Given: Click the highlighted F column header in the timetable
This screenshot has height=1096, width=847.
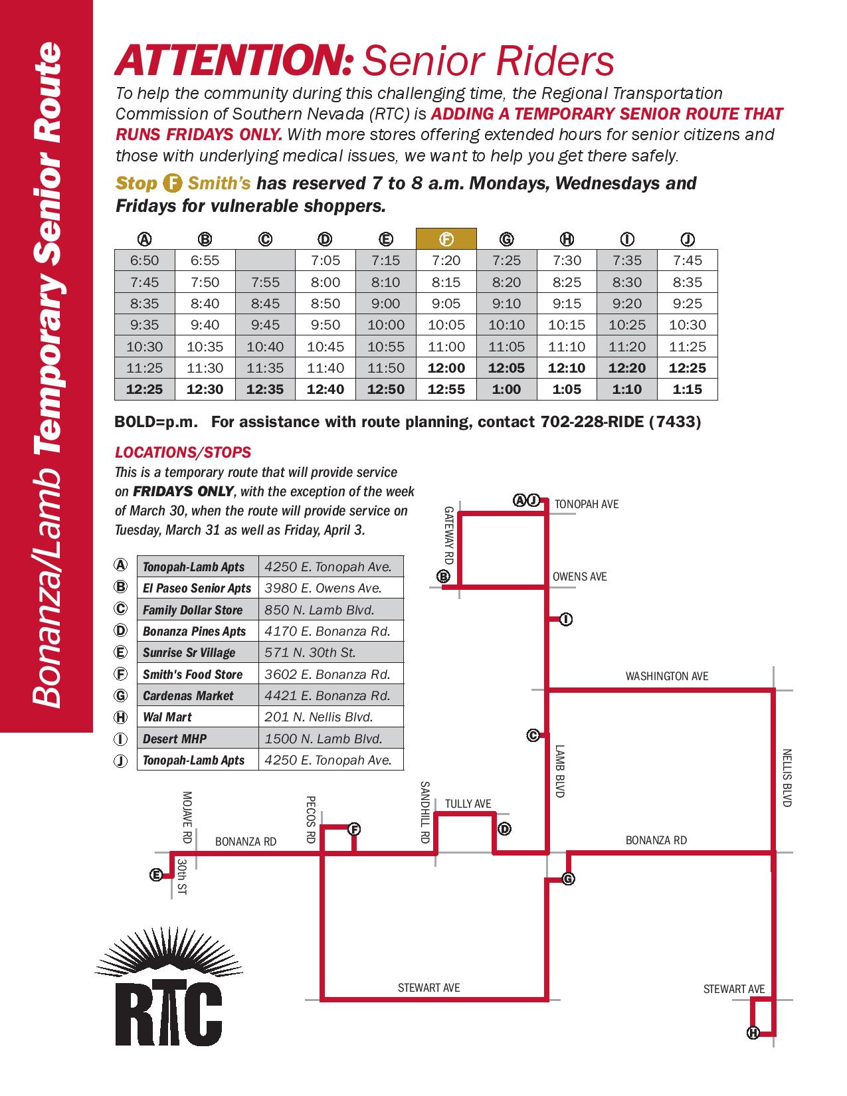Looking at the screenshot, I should coord(446,238).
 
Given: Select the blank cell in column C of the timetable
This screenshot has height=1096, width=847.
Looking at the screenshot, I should coord(265,260).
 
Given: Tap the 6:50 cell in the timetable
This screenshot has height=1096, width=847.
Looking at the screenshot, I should coord(144,260).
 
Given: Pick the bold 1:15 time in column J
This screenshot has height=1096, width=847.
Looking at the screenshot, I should coord(687,389).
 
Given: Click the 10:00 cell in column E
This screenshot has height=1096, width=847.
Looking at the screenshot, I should coord(385,325).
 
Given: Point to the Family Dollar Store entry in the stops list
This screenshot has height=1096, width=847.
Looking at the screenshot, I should coord(193,610).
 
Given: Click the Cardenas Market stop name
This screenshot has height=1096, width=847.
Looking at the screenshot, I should coord(188,695).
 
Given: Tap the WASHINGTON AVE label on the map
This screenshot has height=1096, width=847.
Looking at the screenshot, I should coord(667,676).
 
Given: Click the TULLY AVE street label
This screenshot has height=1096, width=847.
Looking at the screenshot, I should coord(468,804).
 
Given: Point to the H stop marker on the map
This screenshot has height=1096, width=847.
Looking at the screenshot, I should coord(753,1033).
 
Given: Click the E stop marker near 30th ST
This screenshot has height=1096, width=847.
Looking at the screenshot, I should coord(156,875).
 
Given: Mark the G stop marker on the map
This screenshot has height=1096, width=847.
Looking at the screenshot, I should coord(568,879).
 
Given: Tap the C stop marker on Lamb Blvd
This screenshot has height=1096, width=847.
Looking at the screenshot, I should coord(533,735).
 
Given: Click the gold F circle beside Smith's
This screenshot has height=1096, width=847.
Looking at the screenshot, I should coord(173,183).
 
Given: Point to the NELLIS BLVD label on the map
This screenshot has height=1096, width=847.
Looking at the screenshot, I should coord(787,778).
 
